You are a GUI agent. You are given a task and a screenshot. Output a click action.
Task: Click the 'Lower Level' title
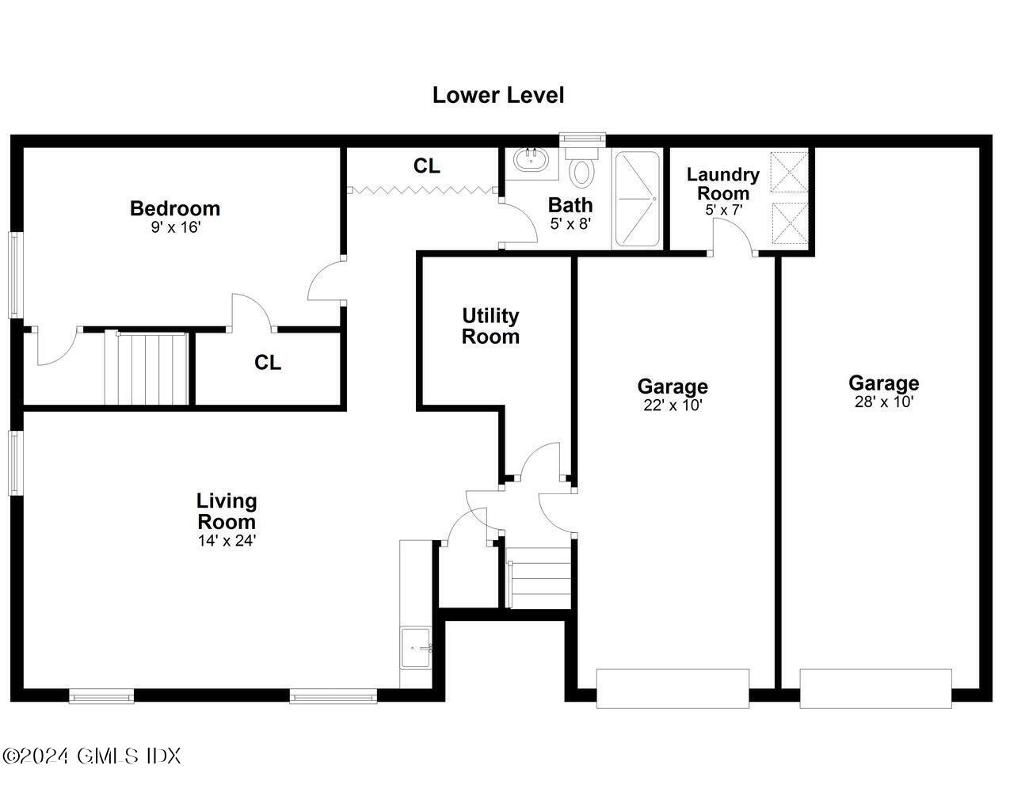click(498, 95)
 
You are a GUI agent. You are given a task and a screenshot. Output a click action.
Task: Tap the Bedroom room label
click(175, 208)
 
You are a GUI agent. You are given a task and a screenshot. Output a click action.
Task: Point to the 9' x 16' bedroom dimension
click(175, 227)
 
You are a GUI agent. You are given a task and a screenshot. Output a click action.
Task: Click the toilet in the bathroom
click(584, 170)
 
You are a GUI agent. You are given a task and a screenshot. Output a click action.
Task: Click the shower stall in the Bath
click(636, 200)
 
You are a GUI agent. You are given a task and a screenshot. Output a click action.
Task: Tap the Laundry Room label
click(722, 184)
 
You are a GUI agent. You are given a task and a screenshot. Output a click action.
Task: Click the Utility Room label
click(490, 326)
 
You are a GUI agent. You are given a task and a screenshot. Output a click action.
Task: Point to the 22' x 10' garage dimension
click(673, 406)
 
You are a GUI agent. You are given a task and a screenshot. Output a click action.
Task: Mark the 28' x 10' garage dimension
click(883, 402)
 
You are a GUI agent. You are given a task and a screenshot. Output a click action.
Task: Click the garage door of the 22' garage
click(673, 687)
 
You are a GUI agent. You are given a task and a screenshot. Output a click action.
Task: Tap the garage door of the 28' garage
click(875, 687)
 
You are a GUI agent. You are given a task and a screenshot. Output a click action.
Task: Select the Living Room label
click(227, 511)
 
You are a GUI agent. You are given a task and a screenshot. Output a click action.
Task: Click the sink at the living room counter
click(416, 647)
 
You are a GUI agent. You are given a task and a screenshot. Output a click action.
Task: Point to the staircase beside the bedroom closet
click(147, 368)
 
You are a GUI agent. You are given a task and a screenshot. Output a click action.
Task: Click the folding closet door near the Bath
click(422, 190)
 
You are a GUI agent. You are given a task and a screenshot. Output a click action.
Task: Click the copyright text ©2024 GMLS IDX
click(91, 756)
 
